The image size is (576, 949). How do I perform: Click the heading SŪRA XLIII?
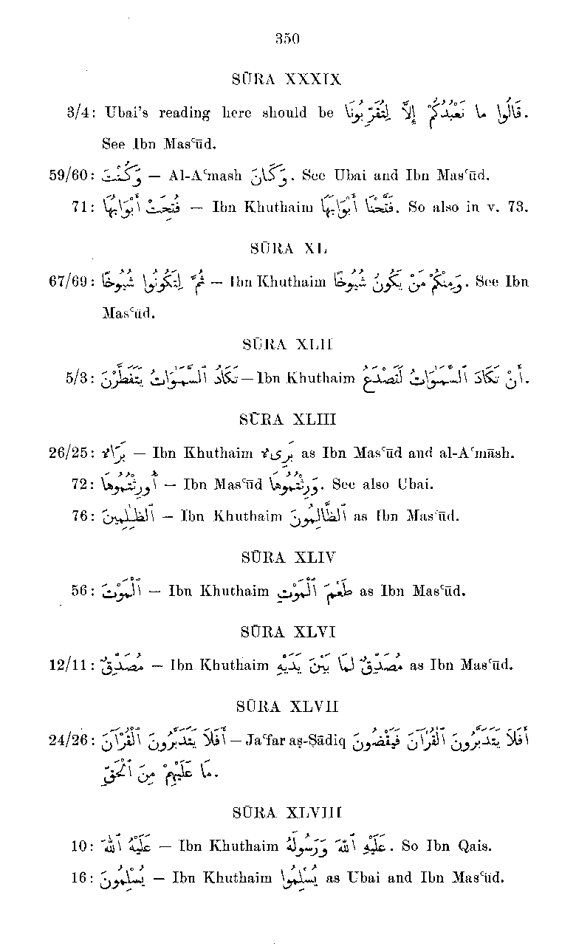click(x=287, y=419)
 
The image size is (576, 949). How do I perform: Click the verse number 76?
click(x=80, y=516)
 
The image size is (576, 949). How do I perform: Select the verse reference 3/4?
click(x=78, y=113)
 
